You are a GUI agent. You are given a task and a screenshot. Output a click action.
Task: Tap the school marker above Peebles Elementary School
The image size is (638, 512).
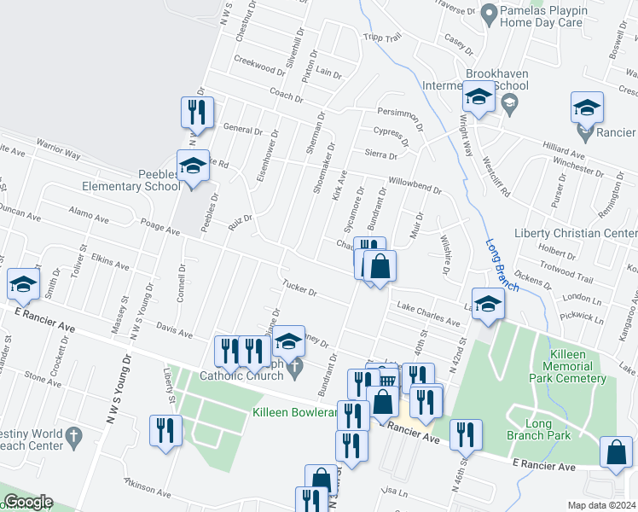(193, 166)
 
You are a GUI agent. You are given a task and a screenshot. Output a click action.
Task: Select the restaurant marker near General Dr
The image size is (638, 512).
(197, 113)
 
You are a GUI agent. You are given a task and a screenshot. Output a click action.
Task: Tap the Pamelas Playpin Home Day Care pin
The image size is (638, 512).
(490, 12)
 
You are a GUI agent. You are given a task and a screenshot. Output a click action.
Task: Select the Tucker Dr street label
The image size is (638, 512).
(299, 288)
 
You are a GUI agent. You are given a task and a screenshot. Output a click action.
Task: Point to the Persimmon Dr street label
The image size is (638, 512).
(401, 115)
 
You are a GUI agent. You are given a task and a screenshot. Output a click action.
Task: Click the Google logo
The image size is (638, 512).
(27, 502)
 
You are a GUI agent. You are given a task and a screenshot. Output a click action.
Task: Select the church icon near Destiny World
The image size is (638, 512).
(74, 434)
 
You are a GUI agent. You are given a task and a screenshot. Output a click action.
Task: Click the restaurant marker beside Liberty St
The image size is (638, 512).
(165, 430)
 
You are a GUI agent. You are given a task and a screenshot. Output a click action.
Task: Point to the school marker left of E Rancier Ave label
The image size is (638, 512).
(23, 284)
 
